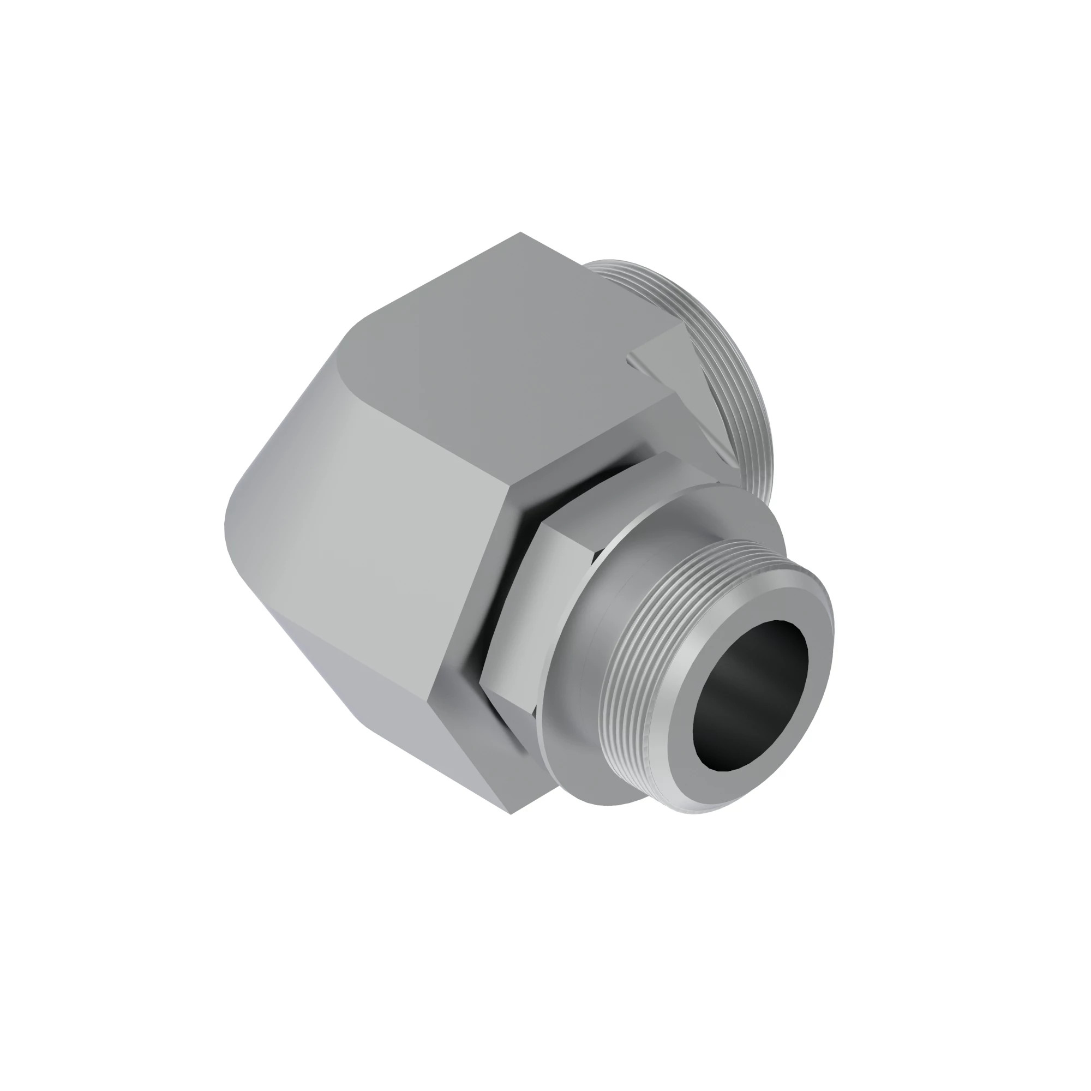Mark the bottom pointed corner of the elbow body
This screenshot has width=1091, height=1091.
511,814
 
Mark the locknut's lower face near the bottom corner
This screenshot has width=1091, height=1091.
508,711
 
